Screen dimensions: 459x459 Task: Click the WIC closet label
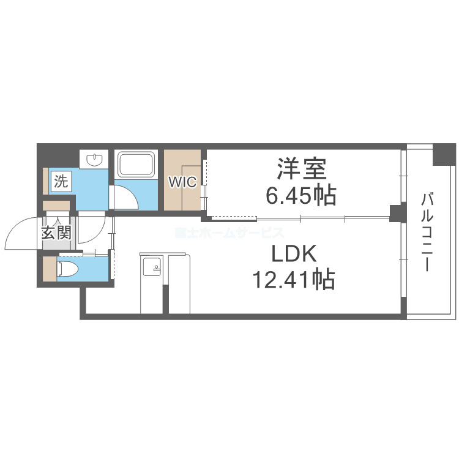[x=182, y=182]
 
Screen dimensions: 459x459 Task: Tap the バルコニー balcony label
[x=428, y=233]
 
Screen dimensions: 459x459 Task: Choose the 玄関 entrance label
[x=56, y=233]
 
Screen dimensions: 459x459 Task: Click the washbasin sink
[x=95, y=160]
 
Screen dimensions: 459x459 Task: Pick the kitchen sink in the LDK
[x=151, y=266]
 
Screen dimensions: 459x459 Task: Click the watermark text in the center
[x=229, y=233]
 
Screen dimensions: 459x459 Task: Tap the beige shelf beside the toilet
[x=50, y=268]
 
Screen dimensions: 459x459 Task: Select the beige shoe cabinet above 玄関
[x=56, y=206]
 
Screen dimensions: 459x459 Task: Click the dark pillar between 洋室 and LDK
[x=398, y=214]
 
